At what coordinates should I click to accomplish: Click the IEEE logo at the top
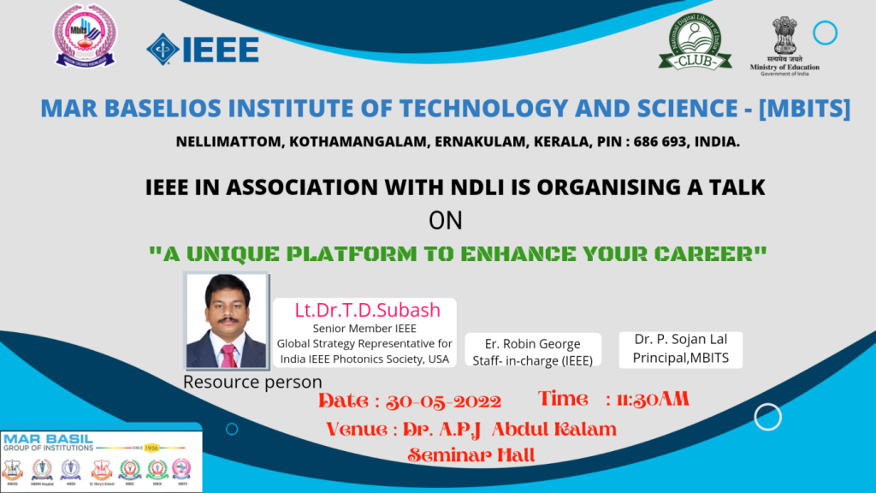pyautogui.click(x=203, y=49)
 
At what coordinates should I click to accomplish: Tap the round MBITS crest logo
pyautogui.click(x=86, y=36)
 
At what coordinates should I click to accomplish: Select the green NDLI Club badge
pyautogui.click(x=695, y=43)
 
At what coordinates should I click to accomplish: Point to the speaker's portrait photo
pyautogui.click(x=227, y=321)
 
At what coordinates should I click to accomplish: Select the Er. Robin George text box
pyautogui.click(x=533, y=352)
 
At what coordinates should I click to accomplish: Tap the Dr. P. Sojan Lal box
pyautogui.click(x=681, y=348)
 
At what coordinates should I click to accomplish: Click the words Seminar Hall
pyautogui.click(x=471, y=455)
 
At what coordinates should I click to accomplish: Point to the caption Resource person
pyautogui.click(x=252, y=382)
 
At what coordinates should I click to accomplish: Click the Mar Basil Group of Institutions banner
pyautogui.click(x=101, y=461)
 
